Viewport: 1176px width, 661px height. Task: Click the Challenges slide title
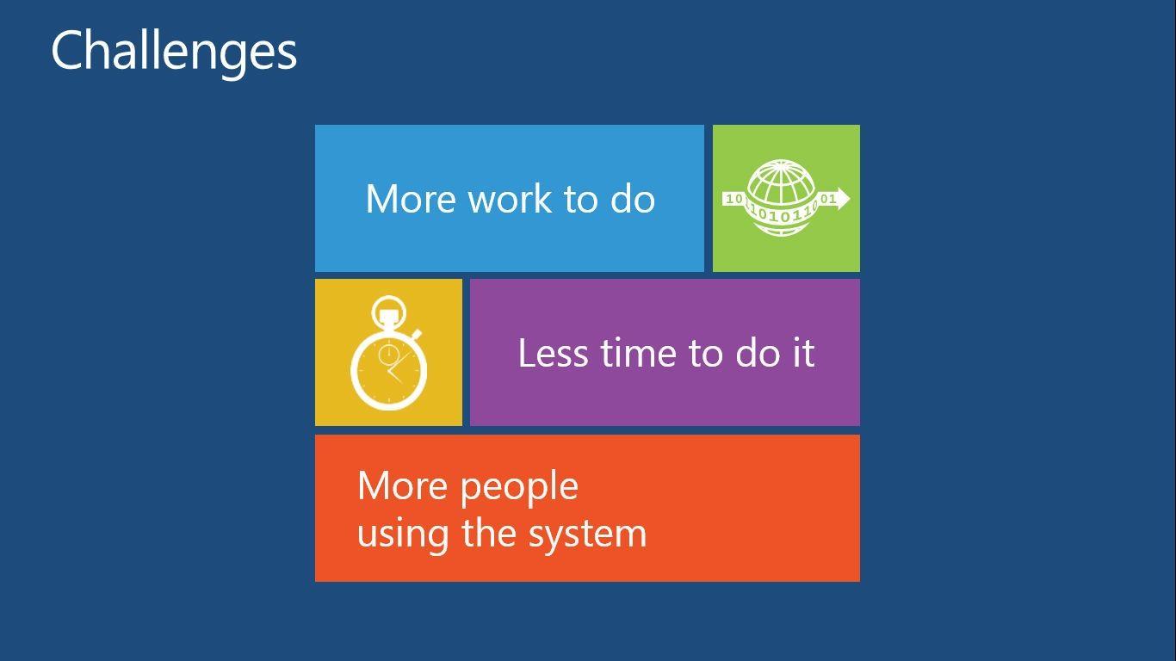coord(174,52)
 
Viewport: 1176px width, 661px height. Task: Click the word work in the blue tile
coord(510,199)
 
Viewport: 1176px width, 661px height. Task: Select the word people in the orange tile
coord(520,487)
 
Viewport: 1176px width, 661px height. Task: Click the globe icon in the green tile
coord(782,198)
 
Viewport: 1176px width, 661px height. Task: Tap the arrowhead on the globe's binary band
coord(842,199)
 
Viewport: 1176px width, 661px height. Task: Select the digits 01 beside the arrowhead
coord(828,199)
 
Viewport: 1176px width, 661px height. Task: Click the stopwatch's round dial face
coord(388,370)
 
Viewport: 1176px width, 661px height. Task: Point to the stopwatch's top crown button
coord(389,313)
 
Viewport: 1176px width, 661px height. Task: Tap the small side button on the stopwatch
coord(417,334)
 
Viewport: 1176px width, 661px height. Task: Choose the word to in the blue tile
coord(581,200)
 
